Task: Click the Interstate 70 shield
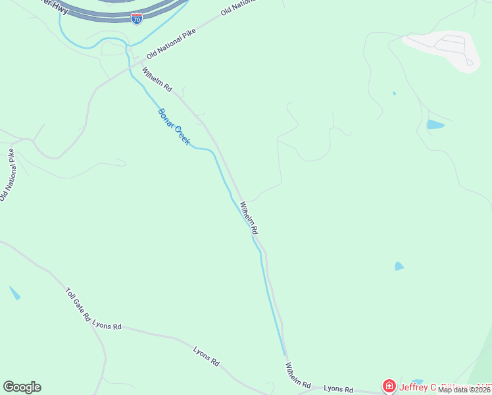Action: pyautogui.click(x=136, y=18)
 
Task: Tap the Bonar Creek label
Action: pyautogui.click(x=174, y=126)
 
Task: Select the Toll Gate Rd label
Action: pyautogui.click(x=78, y=304)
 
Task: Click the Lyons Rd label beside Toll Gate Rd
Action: pyautogui.click(x=107, y=326)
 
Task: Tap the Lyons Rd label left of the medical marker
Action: pyautogui.click(x=339, y=390)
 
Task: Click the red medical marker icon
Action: pyautogui.click(x=389, y=386)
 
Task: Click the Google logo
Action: pyautogui.click(x=22, y=387)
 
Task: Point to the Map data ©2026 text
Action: pyautogui.click(x=464, y=390)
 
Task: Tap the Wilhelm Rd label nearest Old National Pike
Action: pyautogui.click(x=157, y=79)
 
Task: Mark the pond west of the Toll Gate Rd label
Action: pyautogui.click(x=14, y=293)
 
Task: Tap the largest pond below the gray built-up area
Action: pyautogui.click(x=435, y=124)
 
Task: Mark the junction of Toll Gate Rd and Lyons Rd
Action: pyautogui.click(x=93, y=323)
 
